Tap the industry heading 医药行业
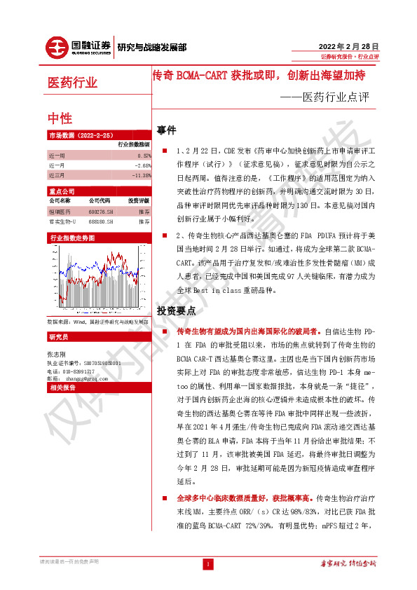(x=73, y=83)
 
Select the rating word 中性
(x=60, y=118)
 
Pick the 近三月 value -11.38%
(x=141, y=175)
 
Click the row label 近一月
(x=57, y=165)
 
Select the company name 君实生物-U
(x=62, y=221)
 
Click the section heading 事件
(x=167, y=130)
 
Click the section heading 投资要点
(x=176, y=310)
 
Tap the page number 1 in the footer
(x=207, y=563)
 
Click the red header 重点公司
(x=62, y=191)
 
